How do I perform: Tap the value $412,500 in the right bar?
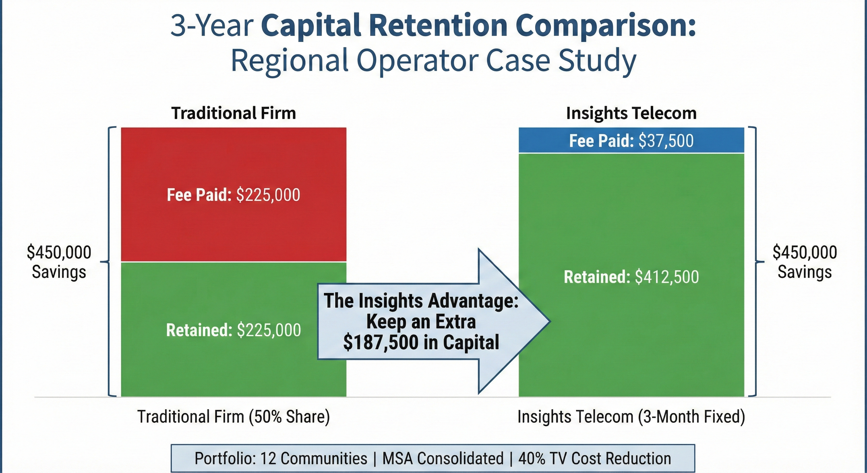click(667, 277)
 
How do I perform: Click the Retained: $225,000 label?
click(233, 330)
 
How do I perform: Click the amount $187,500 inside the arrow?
click(381, 342)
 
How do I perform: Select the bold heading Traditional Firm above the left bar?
click(233, 113)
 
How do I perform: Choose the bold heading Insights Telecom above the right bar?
click(631, 113)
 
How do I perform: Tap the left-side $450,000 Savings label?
click(59, 262)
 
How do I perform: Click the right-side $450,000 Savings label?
click(805, 262)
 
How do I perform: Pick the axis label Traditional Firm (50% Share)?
click(233, 416)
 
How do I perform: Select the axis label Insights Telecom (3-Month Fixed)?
click(631, 416)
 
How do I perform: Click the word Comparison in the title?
click(605, 26)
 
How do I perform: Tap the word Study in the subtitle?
click(597, 61)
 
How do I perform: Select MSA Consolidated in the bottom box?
click(443, 458)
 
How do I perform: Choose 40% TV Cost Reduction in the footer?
click(594, 458)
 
